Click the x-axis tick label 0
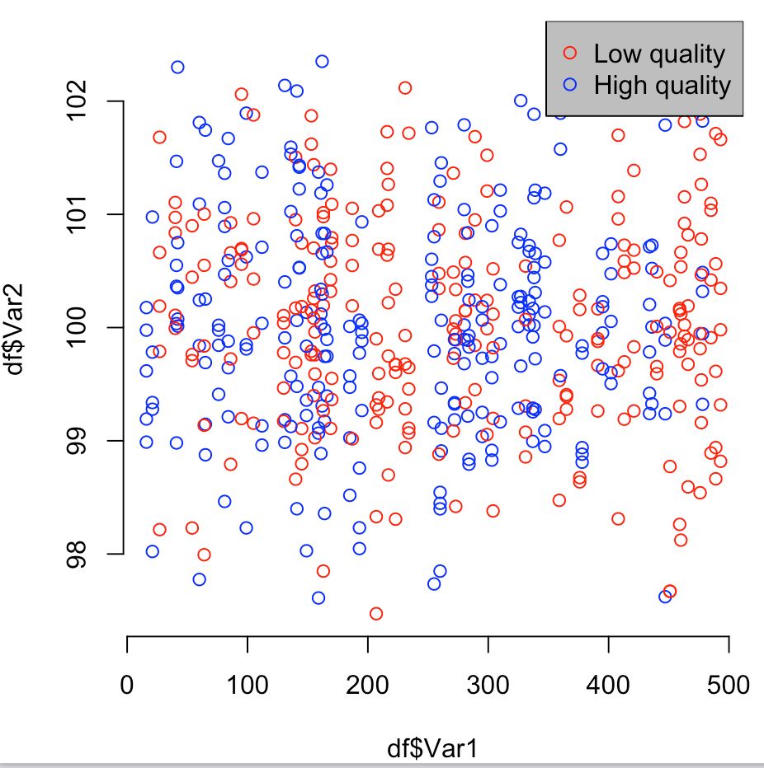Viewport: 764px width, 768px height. pyautogui.click(x=127, y=686)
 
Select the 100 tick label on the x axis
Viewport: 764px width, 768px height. pyautogui.click(x=247, y=686)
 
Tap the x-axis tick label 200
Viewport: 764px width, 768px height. pyautogui.click(x=367, y=686)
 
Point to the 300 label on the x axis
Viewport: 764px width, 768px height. pyautogui.click(x=488, y=686)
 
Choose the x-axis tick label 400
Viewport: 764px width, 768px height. pyautogui.click(x=608, y=686)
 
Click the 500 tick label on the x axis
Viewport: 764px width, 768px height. pyautogui.click(x=728, y=686)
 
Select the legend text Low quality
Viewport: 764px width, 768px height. pyautogui.click(x=659, y=54)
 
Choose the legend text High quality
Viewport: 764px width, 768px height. pyautogui.click(x=663, y=85)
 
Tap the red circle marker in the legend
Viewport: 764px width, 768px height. pyautogui.click(x=570, y=54)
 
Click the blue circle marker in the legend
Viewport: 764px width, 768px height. pyautogui.click(x=570, y=84)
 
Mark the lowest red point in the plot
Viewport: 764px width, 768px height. pyautogui.click(x=376, y=613)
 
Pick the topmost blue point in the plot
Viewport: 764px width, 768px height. pyautogui.click(x=322, y=61)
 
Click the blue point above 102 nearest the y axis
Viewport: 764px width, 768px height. pyautogui.click(x=177, y=67)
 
